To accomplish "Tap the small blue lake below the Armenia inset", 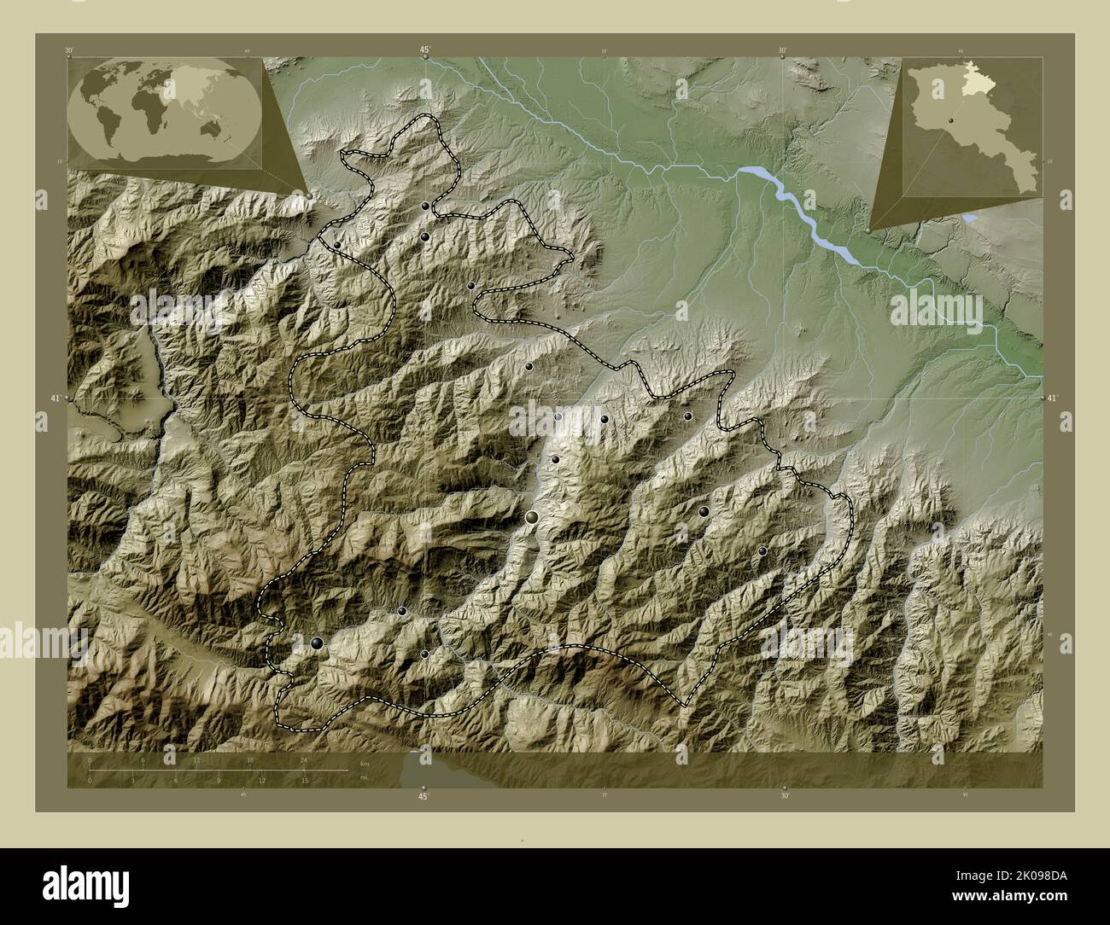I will [971, 219].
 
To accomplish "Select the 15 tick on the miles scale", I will [304, 780].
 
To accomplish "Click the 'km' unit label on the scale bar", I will [365, 763].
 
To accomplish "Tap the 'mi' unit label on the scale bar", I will [364, 778].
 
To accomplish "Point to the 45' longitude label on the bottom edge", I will [424, 796].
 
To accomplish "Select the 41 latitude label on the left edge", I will [55, 399].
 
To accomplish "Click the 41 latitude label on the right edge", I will [1052, 398].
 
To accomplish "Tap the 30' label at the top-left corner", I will [68, 50].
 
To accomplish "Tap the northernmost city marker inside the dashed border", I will [424, 206].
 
